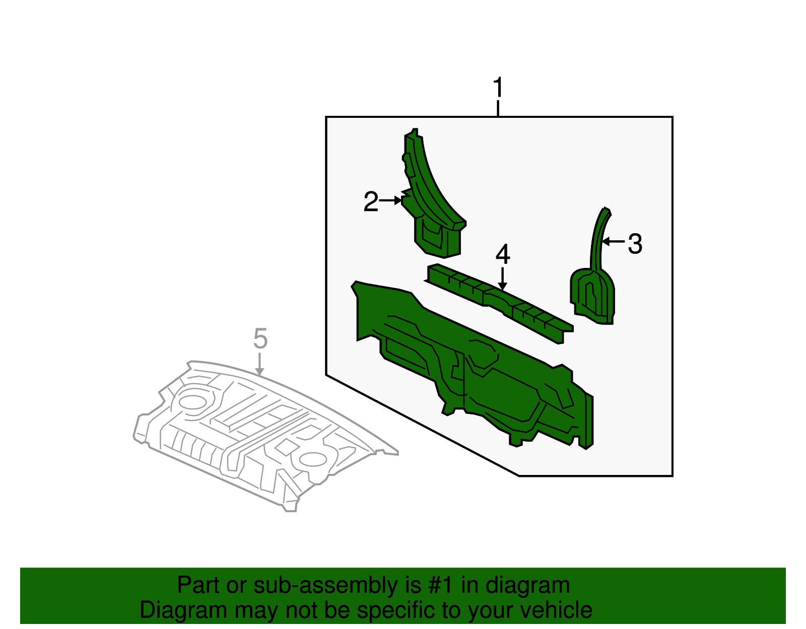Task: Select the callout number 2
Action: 371,202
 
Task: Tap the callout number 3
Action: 635,244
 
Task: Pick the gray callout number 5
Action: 260,338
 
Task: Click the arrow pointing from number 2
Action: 390,200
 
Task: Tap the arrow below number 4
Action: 502,278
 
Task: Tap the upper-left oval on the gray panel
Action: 192,401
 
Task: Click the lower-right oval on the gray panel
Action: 312,459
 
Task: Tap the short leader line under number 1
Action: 498,109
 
